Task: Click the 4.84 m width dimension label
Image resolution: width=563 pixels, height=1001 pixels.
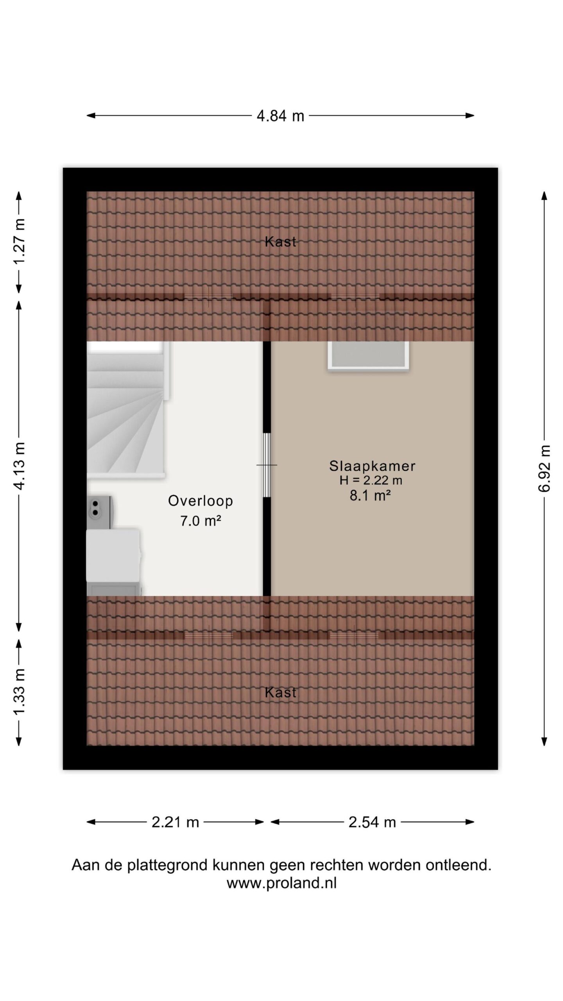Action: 280,116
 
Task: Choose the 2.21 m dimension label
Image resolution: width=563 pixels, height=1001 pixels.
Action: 175,822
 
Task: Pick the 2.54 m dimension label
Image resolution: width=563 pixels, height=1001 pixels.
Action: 372,822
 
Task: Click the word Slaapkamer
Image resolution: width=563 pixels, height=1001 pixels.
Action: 372,466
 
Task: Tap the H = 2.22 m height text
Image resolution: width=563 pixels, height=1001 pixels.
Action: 371,480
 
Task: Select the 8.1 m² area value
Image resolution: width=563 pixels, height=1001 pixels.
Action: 370,495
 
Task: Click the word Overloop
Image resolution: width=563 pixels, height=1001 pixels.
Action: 201,501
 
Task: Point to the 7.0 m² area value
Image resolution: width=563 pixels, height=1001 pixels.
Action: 201,521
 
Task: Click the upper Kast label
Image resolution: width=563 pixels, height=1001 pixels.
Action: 280,242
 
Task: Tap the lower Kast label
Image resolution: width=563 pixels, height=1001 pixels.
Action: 280,692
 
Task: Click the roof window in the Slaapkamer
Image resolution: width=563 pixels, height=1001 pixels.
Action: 368,354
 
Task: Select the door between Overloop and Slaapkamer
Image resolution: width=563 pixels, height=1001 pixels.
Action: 267,465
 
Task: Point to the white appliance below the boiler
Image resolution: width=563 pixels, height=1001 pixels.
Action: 113,562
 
